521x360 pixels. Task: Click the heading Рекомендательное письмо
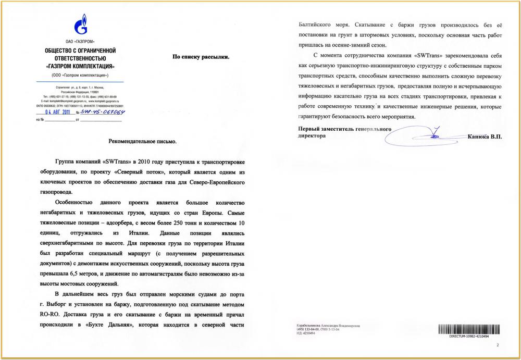pyautogui.click(x=142, y=142)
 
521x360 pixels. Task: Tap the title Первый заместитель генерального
pyautogui.click(x=344, y=129)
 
